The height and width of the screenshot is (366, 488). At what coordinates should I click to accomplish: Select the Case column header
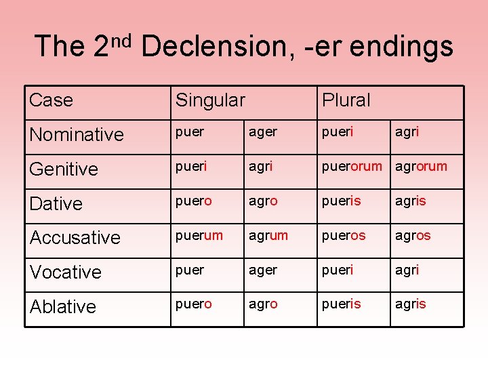[51, 100]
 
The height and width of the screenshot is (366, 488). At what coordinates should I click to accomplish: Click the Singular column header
[210, 100]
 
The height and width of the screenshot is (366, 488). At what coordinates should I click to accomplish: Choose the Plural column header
[346, 100]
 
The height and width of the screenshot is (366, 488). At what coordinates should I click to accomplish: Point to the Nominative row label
[77, 134]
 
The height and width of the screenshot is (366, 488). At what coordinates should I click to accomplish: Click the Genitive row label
[64, 169]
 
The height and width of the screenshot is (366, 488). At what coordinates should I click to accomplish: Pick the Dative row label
[56, 203]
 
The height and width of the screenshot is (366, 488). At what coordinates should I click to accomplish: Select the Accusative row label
[75, 238]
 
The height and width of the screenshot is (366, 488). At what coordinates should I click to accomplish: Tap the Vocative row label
[65, 272]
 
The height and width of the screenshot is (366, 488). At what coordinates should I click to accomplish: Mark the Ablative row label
[62, 306]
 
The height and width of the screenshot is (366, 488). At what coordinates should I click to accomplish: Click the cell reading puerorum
[352, 166]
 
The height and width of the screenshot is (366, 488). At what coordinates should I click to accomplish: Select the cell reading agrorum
[421, 166]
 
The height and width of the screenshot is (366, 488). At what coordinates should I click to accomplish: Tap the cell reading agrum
[268, 235]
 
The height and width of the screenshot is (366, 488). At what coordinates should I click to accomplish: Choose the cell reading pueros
[344, 235]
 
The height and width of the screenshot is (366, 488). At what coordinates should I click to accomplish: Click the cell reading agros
[413, 235]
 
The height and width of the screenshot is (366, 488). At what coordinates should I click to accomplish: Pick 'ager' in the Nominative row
[263, 132]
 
